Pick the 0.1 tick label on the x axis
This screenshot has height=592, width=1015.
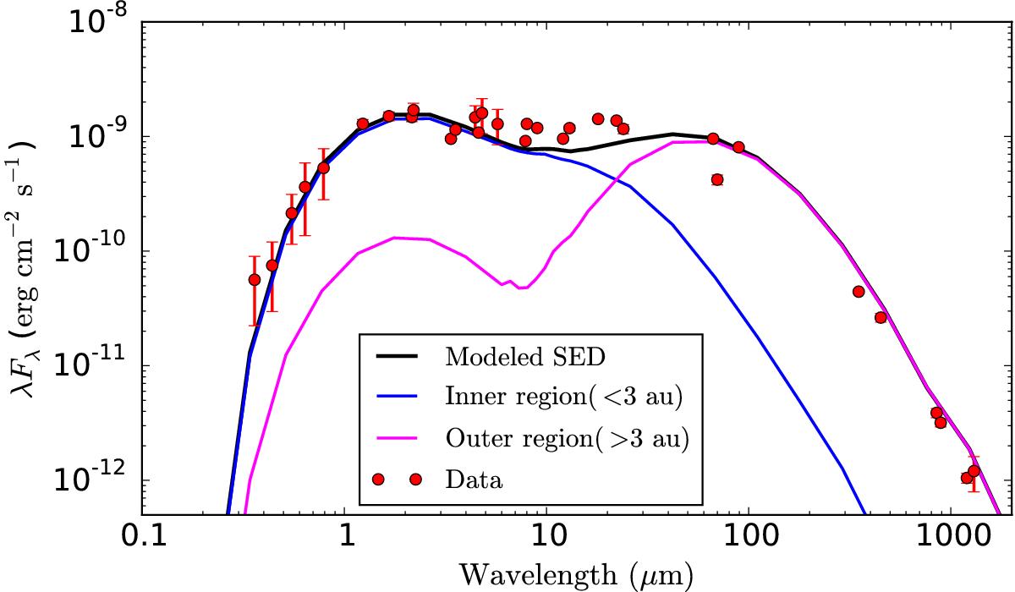pos(141,537)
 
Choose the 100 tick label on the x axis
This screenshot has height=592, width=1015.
pos(748,537)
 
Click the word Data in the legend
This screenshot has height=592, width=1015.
pos(474,481)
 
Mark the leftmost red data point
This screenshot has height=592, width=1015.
pos(254,279)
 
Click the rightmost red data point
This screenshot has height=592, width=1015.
pos(974,471)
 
